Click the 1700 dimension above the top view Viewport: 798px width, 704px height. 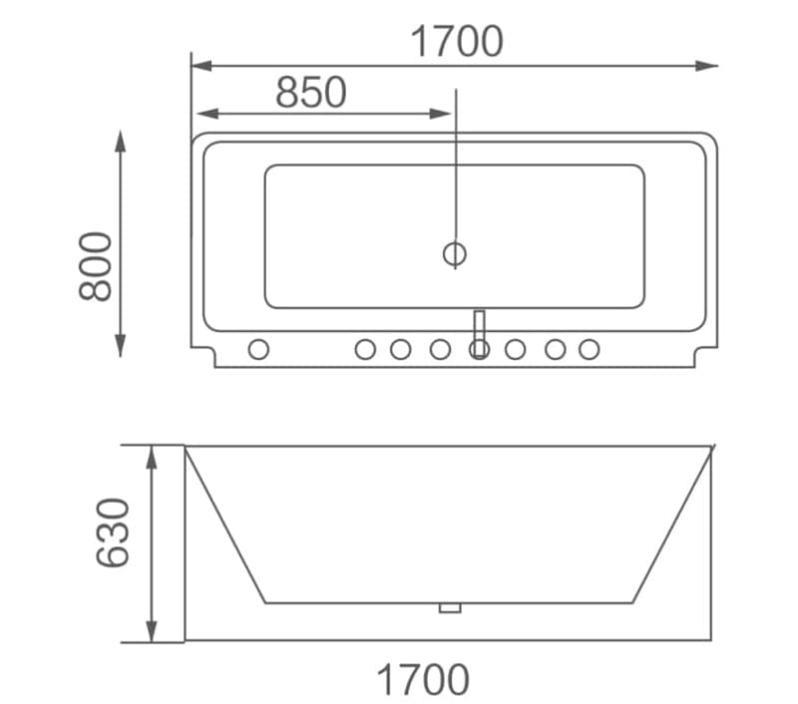coord(457,42)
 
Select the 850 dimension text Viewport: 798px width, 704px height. coord(311,93)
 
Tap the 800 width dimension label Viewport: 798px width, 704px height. coord(97,265)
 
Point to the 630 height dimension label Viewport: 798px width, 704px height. coord(113,532)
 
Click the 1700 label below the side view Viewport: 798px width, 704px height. coord(423,680)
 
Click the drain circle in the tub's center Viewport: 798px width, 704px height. coord(455,253)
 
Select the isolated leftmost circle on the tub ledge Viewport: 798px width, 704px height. coord(258,349)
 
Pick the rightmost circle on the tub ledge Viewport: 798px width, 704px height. coord(590,349)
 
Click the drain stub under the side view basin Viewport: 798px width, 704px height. coord(450,607)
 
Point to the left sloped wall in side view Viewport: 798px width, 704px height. coord(225,525)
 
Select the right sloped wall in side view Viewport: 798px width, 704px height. coord(672,525)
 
